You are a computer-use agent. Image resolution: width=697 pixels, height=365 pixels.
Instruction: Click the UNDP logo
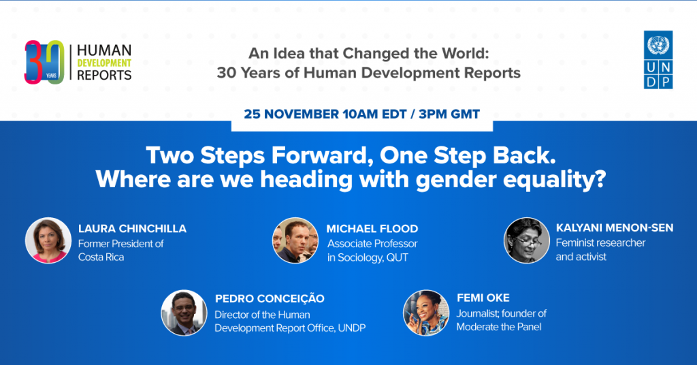click(x=658, y=59)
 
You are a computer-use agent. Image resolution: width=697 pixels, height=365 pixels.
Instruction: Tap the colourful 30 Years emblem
click(x=44, y=62)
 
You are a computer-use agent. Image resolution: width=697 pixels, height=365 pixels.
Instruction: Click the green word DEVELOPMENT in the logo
click(x=104, y=63)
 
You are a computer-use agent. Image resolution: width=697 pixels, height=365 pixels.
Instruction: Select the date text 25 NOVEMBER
click(x=291, y=114)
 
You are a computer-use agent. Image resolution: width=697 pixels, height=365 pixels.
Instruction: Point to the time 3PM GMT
click(x=449, y=114)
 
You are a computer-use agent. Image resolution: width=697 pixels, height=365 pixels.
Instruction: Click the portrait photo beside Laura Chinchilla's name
click(x=48, y=240)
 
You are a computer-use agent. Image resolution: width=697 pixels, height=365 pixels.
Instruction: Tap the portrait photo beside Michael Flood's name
click(x=295, y=240)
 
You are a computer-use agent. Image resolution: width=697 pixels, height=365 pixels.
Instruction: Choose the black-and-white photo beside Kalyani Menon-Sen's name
click(x=527, y=240)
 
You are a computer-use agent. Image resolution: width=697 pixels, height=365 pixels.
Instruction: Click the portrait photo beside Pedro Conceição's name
click(x=184, y=313)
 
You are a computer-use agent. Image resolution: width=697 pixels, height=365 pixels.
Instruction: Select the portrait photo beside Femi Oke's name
click(x=426, y=313)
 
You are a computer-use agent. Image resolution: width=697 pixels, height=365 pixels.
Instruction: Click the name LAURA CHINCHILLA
click(x=133, y=229)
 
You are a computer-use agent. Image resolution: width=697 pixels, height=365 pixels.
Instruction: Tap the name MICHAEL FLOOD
click(x=372, y=229)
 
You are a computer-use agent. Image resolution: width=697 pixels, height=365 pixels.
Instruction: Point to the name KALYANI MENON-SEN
click(x=615, y=227)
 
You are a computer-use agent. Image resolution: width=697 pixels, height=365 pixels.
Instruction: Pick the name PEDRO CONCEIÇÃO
click(x=270, y=298)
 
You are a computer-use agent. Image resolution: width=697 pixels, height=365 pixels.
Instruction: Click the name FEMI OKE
click(x=483, y=298)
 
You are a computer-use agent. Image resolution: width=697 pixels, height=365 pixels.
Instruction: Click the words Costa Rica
click(x=101, y=257)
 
